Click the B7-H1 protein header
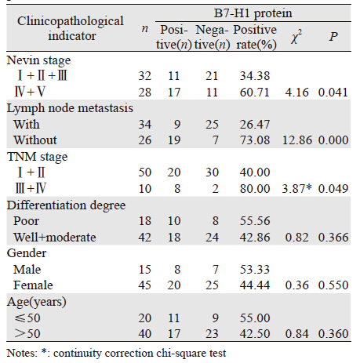tap(253, 13)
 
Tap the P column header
tap(333, 37)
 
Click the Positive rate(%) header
tap(255, 37)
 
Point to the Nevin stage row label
tap(38, 60)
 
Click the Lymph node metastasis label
tap(70, 108)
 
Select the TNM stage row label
tap(38, 157)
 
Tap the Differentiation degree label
tap(66, 205)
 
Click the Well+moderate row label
tap(55, 237)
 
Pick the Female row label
tap(33, 285)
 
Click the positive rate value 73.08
tap(255, 140)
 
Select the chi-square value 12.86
tap(297, 140)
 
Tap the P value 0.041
tap(333, 93)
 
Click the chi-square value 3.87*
tap(296, 188)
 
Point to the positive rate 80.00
tap(255, 188)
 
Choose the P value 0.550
tap(333, 285)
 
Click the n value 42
tap(145, 237)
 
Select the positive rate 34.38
tap(255, 76)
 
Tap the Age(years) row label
tap(37, 302)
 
